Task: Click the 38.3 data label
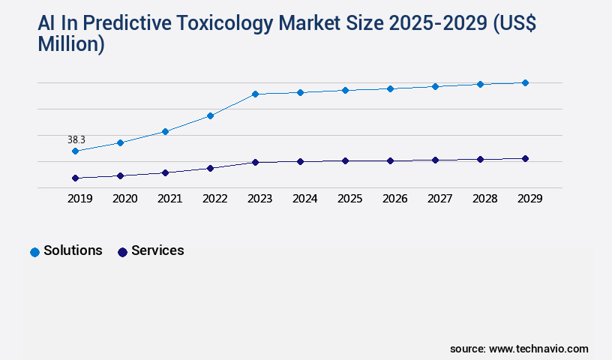click(76, 139)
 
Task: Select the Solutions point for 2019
click(75, 151)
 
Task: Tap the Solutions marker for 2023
click(255, 94)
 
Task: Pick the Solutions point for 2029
click(525, 82)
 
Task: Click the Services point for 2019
click(75, 178)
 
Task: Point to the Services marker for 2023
click(255, 162)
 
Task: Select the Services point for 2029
click(525, 158)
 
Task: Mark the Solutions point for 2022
click(210, 115)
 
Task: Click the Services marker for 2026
click(390, 160)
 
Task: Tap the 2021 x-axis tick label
click(169, 199)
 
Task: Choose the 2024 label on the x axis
click(304, 199)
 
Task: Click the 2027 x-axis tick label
click(439, 199)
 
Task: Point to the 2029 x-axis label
click(529, 199)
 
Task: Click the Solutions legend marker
click(34, 252)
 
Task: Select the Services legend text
click(157, 250)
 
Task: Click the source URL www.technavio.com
click(538, 349)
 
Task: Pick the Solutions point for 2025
click(345, 90)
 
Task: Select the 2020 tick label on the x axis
click(124, 199)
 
